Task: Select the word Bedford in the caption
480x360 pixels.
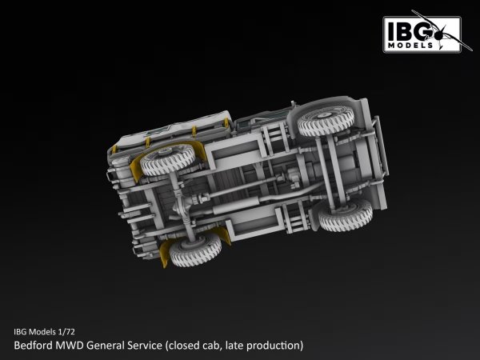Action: click(34, 346)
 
